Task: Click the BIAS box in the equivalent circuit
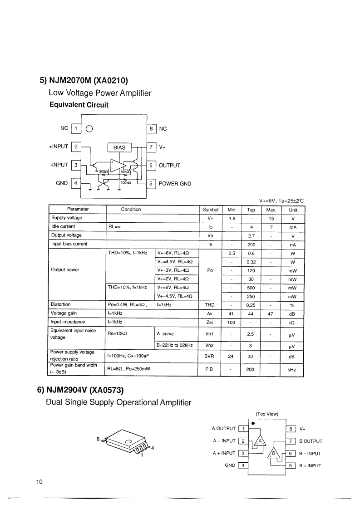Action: click(x=119, y=147)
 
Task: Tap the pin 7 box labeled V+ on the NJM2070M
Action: click(x=152, y=147)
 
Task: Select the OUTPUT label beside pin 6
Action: click(x=169, y=166)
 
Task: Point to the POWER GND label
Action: click(x=175, y=184)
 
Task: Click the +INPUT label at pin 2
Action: click(x=58, y=147)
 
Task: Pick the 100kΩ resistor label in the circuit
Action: click(x=126, y=182)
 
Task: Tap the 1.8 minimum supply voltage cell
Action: click(x=232, y=218)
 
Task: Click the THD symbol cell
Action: click(x=209, y=305)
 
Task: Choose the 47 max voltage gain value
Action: click(x=271, y=313)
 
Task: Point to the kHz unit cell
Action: click(x=292, y=370)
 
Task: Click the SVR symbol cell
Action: click(x=209, y=356)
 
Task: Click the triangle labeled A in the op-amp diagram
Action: click(x=260, y=440)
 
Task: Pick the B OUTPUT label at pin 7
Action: click(x=311, y=441)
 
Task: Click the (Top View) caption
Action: click(x=267, y=414)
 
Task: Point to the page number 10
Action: click(x=39, y=482)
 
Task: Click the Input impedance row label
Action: click(x=68, y=322)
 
